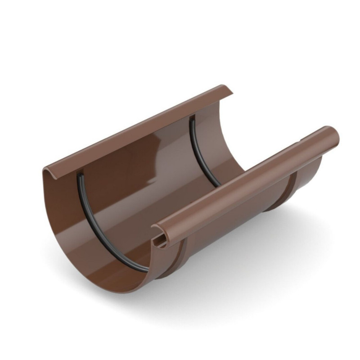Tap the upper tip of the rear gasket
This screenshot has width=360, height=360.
pyautogui.click(x=192, y=118)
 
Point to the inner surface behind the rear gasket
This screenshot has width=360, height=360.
pyautogui.click(x=211, y=135)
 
